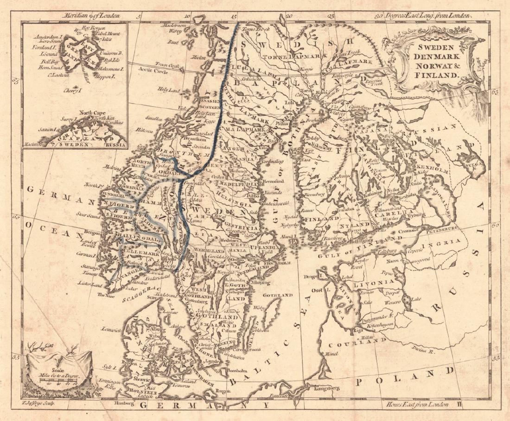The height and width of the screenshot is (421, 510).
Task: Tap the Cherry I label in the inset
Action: point(72,91)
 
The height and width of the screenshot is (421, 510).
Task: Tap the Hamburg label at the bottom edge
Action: point(123,404)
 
